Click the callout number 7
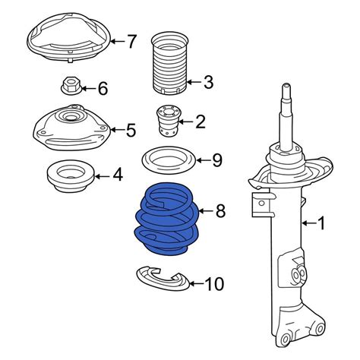click(131, 41)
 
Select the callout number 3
click(208, 82)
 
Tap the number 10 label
click(214, 283)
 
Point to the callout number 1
click(321, 223)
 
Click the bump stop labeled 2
click(166, 122)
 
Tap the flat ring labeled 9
click(169, 160)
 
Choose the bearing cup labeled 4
click(71, 176)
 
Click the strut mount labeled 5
click(72, 128)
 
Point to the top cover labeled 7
click(69, 37)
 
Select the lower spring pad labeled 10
click(163, 279)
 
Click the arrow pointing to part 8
click(206, 210)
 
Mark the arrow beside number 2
click(185, 122)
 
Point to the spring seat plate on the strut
click(291, 173)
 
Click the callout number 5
click(131, 130)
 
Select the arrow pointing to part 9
click(204, 160)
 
